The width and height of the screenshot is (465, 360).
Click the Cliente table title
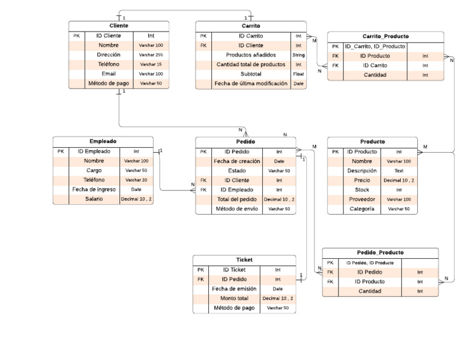click(118, 25)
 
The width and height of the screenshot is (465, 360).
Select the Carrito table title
click(251, 25)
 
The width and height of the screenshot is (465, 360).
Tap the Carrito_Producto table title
click(385, 36)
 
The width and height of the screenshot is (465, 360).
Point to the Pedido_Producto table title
click(380, 252)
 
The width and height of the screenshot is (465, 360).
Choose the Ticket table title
click(245, 259)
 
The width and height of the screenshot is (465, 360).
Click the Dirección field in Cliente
click(108, 55)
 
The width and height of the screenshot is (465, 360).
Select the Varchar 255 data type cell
click(151, 55)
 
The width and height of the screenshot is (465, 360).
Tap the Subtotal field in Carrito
click(251, 74)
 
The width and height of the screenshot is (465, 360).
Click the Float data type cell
click(298, 74)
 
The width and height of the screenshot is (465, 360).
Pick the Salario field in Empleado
click(93, 199)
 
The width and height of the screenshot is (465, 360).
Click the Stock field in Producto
click(361, 190)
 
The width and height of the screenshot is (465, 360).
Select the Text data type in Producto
click(398, 171)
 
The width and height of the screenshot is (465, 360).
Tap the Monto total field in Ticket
click(234, 298)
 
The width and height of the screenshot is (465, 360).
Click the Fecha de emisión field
click(234, 288)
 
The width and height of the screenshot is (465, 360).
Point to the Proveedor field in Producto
click(361, 199)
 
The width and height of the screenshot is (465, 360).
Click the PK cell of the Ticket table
click(201, 269)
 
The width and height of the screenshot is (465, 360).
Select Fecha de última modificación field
click(251, 84)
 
